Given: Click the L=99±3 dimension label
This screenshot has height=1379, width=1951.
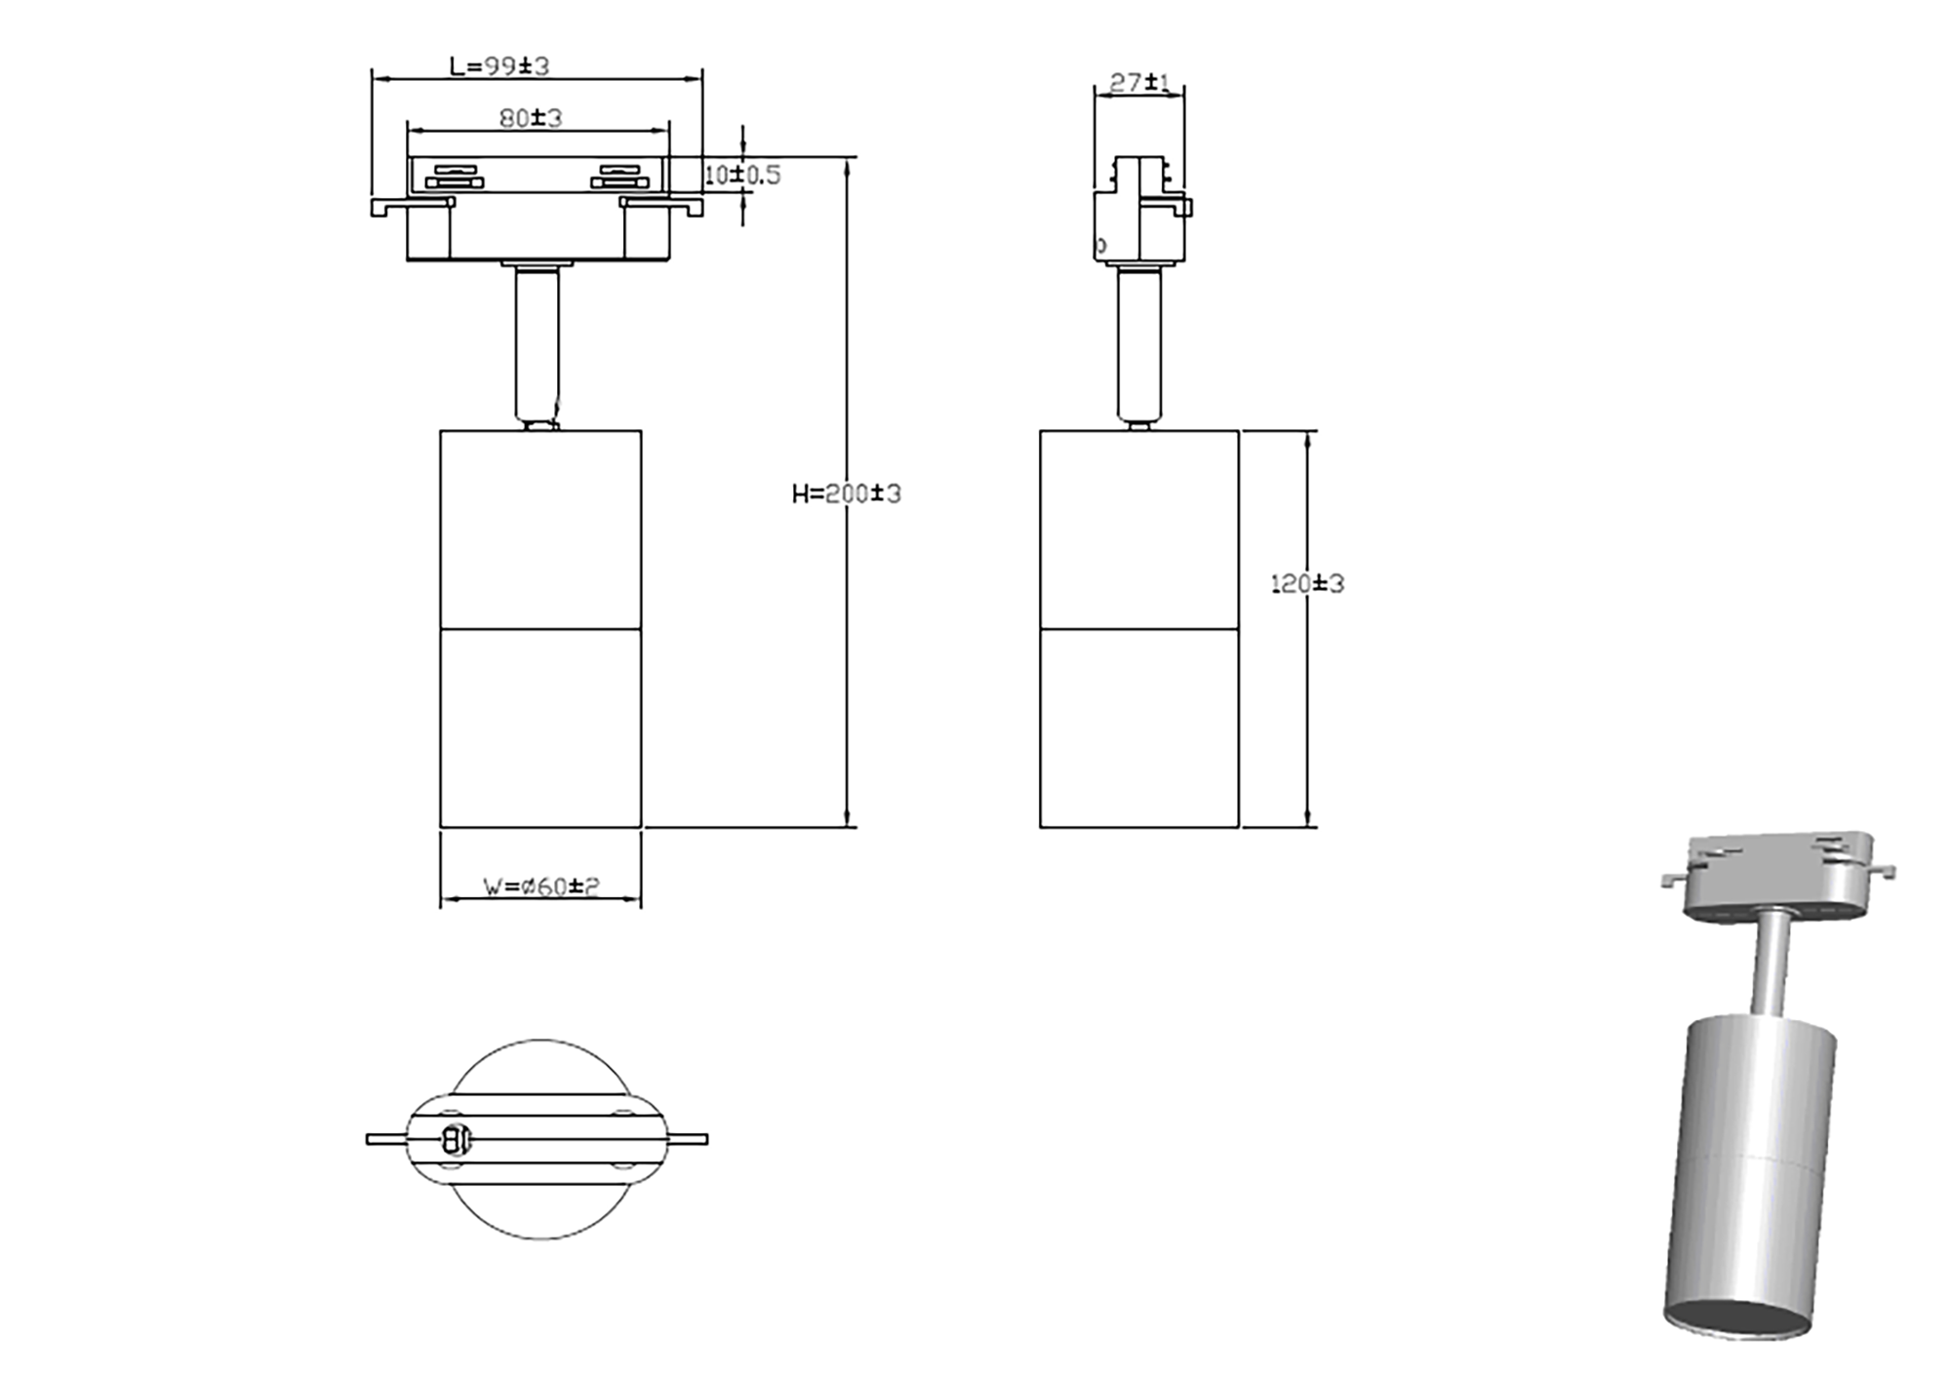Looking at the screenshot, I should [499, 66].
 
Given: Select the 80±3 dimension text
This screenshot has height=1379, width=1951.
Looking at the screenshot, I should [531, 118].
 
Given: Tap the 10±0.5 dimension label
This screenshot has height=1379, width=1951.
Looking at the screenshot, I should [743, 176].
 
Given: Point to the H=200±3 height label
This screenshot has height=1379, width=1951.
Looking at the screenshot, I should [846, 494].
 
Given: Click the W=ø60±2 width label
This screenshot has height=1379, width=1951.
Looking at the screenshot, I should [541, 886].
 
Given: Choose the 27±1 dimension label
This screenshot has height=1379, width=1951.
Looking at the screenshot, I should [1139, 83].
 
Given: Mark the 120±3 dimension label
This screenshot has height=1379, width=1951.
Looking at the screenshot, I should [1307, 584].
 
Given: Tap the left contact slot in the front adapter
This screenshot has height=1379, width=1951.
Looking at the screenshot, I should [455, 176].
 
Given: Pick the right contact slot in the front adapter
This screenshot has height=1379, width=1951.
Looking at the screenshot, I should [620, 176].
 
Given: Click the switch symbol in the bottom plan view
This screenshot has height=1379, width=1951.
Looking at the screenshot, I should [456, 1138].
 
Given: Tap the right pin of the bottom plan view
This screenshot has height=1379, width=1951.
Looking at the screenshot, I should [689, 1139].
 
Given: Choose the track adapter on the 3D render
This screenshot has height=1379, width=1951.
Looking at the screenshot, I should [1778, 873].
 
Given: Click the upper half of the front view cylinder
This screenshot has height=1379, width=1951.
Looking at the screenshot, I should [540, 530].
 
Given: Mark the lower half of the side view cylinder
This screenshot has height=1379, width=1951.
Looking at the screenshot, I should [1138, 728].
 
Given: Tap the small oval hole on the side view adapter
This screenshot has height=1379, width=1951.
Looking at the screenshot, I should [1101, 246].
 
